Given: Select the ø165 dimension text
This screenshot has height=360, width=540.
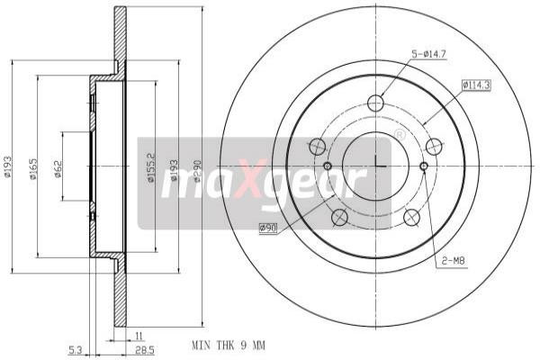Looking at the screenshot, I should point(33,169).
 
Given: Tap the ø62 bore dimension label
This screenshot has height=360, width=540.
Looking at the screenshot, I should point(58,169).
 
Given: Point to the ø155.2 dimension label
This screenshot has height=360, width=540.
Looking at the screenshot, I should point(151,167).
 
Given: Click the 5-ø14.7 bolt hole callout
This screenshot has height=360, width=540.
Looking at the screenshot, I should point(431,55).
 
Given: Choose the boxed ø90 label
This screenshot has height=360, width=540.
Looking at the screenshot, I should point(268,228).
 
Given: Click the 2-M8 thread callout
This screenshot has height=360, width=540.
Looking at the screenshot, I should point(452,261).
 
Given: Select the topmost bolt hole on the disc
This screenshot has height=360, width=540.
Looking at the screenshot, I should point(376,103).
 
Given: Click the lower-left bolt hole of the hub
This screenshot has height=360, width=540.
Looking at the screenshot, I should point(339,217).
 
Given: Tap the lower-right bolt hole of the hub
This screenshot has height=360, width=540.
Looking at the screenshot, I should point(412,217).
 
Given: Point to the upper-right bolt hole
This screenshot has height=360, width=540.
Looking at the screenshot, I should point(435,147).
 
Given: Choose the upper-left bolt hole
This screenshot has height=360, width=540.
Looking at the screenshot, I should point(317,147).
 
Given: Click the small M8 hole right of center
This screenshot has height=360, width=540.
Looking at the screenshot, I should point(424,166).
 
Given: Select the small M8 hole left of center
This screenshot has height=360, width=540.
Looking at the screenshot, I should point(328,166).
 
